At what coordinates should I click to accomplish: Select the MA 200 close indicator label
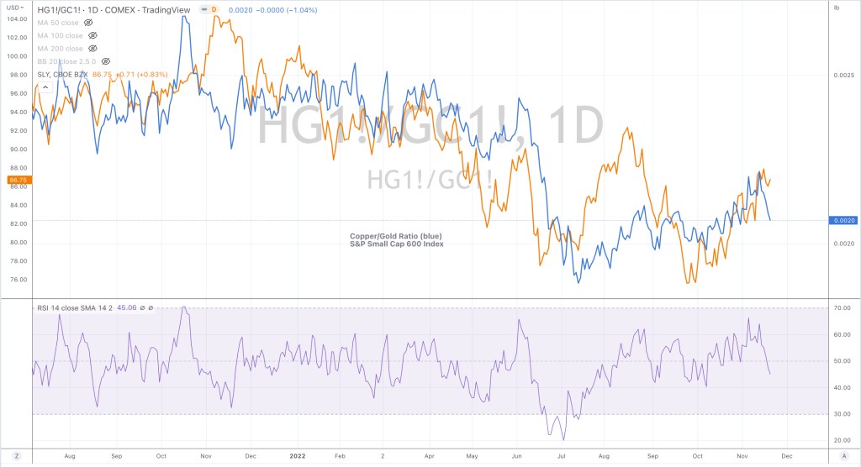click(61, 49)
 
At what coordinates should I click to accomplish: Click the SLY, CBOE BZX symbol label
click(60, 75)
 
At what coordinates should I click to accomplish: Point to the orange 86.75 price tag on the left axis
click(17, 180)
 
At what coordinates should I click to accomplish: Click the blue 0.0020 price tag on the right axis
click(843, 220)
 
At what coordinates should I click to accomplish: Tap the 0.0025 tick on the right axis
click(843, 76)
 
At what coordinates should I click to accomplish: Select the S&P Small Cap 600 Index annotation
click(396, 244)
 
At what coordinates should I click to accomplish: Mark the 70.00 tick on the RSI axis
click(843, 308)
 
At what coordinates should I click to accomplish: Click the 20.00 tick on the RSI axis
click(843, 440)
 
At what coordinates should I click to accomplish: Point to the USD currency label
click(12, 8)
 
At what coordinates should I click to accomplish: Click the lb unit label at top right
click(837, 8)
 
